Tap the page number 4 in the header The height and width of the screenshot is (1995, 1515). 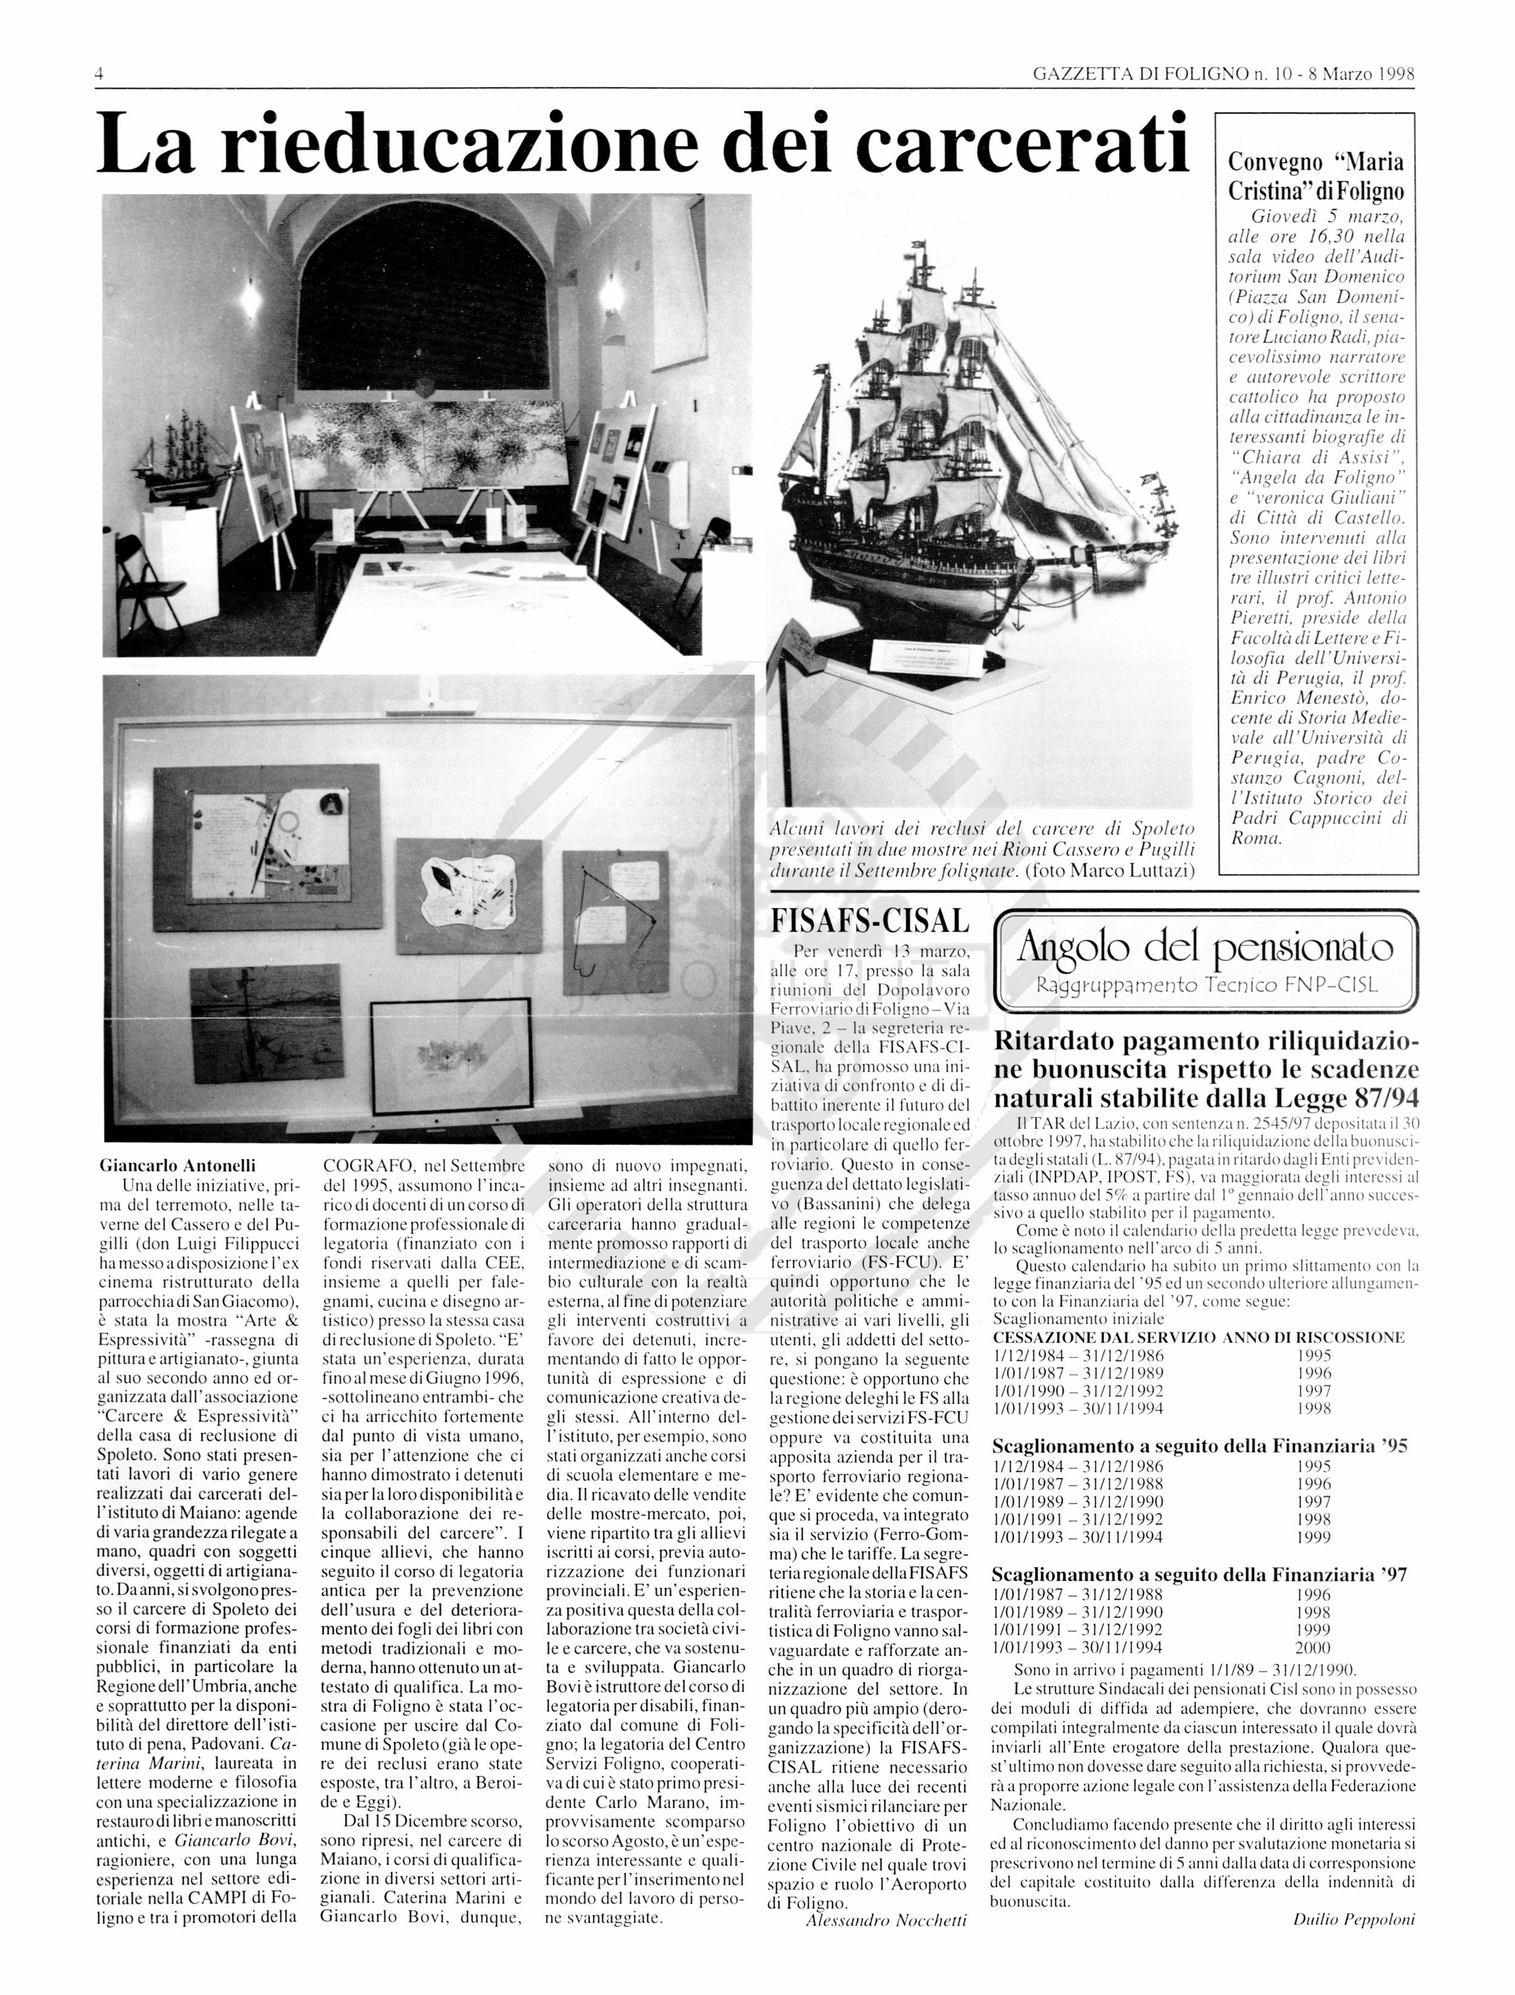(x=100, y=74)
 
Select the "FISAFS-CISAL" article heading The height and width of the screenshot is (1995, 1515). (x=870, y=920)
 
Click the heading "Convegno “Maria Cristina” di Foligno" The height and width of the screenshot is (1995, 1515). (x=1316, y=177)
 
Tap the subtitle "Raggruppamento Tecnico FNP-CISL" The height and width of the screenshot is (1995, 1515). (x=1207, y=985)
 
